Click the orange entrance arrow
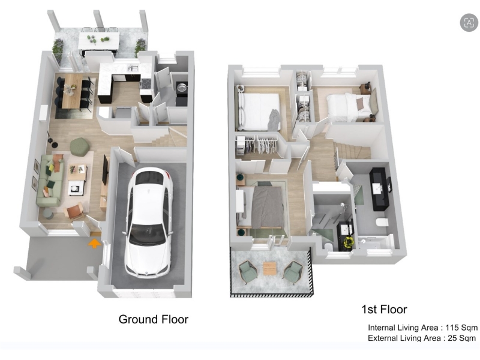point(95,244)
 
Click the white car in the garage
point(149,222)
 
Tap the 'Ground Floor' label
point(154,319)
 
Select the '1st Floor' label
point(384,309)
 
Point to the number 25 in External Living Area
point(452,338)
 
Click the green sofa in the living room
point(50,180)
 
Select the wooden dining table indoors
point(72,91)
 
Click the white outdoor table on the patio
point(98,41)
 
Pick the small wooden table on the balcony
point(270,268)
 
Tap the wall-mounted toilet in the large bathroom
point(383,222)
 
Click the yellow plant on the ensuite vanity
point(349,242)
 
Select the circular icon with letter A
point(469,22)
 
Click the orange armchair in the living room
point(74,212)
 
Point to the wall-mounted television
point(106,170)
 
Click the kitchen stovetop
point(146,83)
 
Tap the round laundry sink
point(182,87)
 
